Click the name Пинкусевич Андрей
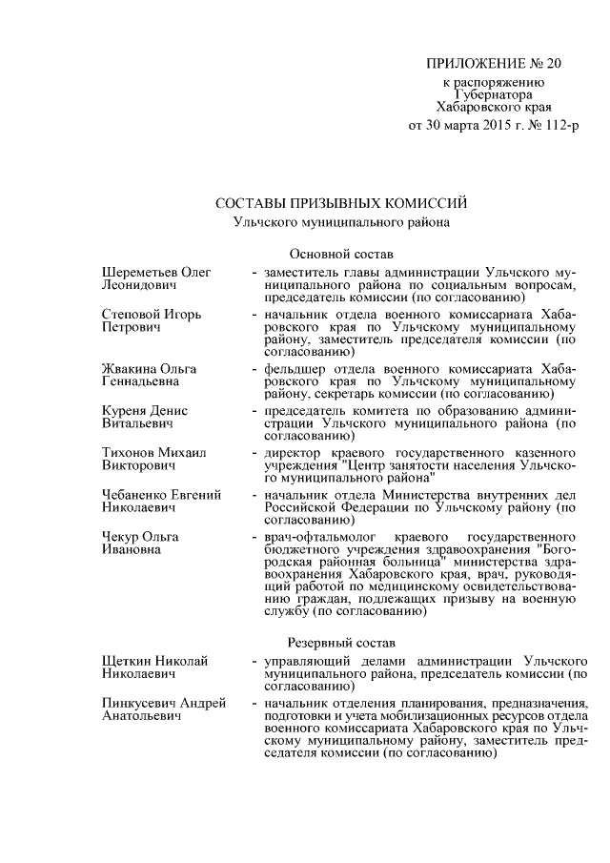tap(163, 703)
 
